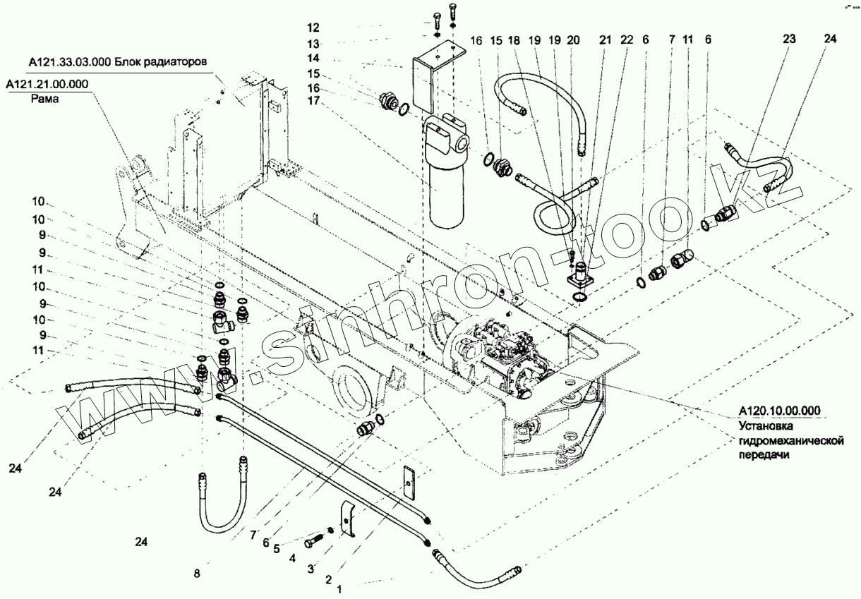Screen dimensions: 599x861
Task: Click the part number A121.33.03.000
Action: pyautogui.click(x=68, y=61)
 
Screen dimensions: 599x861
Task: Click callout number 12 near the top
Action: pyautogui.click(x=312, y=28)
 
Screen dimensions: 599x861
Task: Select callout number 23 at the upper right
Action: pyautogui.click(x=788, y=40)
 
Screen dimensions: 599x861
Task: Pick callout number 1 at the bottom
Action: pyautogui.click(x=340, y=588)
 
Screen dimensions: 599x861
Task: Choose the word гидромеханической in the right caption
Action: pyautogui.click(x=792, y=441)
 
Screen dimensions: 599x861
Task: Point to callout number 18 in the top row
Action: pyautogui.click(x=514, y=41)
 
